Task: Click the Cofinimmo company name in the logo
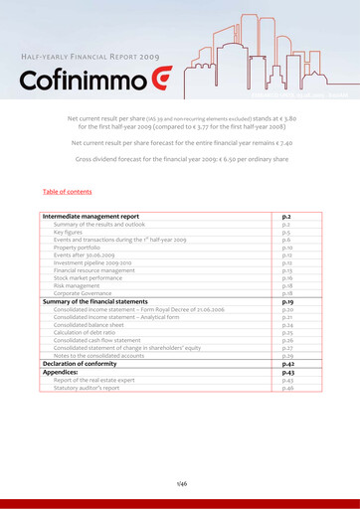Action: (78, 80)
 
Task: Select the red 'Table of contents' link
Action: (68, 191)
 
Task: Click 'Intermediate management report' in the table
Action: (90, 216)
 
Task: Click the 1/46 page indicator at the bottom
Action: (180, 482)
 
